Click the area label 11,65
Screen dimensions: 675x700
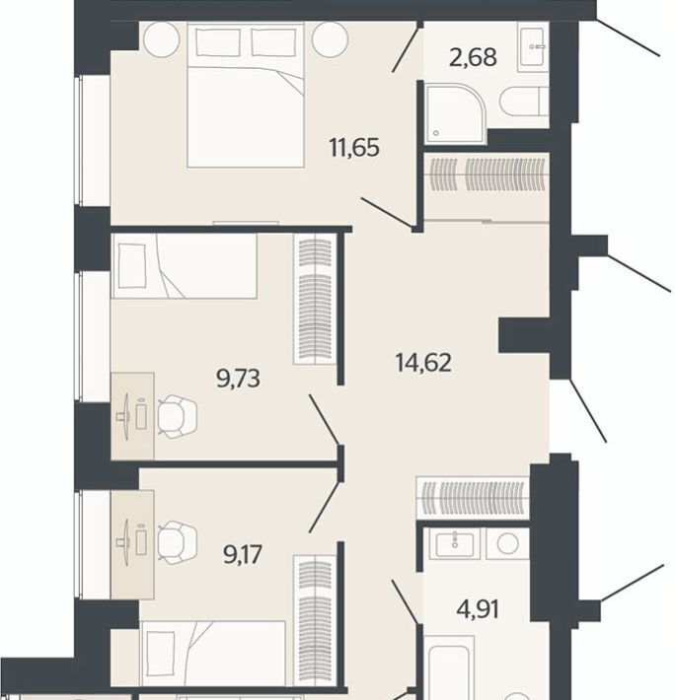(x=354, y=147)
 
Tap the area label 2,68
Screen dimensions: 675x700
(x=473, y=57)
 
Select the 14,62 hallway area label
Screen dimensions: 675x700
(x=423, y=362)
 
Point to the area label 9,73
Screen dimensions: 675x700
(x=238, y=379)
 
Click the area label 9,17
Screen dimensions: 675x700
(x=243, y=554)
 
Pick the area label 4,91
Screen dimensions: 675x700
(x=478, y=609)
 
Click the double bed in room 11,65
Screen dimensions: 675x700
(x=246, y=95)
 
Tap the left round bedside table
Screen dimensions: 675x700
(x=161, y=38)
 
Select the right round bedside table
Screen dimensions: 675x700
(x=330, y=38)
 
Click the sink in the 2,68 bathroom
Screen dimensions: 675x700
(x=533, y=46)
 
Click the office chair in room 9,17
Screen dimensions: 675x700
(x=178, y=542)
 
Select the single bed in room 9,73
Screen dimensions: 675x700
(x=185, y=265)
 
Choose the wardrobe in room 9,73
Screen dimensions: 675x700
(x=315, y=299)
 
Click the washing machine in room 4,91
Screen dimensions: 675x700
(x=507, y=544)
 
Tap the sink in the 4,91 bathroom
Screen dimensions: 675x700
(x=455, y=543)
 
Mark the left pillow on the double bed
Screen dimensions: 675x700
(x=217, y=42)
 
